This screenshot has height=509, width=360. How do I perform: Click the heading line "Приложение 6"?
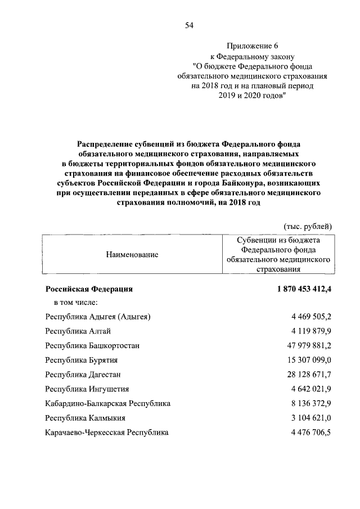coord(252,46)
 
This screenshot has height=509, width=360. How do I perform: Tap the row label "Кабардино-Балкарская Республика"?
coord(107,403)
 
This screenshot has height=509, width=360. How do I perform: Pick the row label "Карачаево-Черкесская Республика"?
coord(107,433)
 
